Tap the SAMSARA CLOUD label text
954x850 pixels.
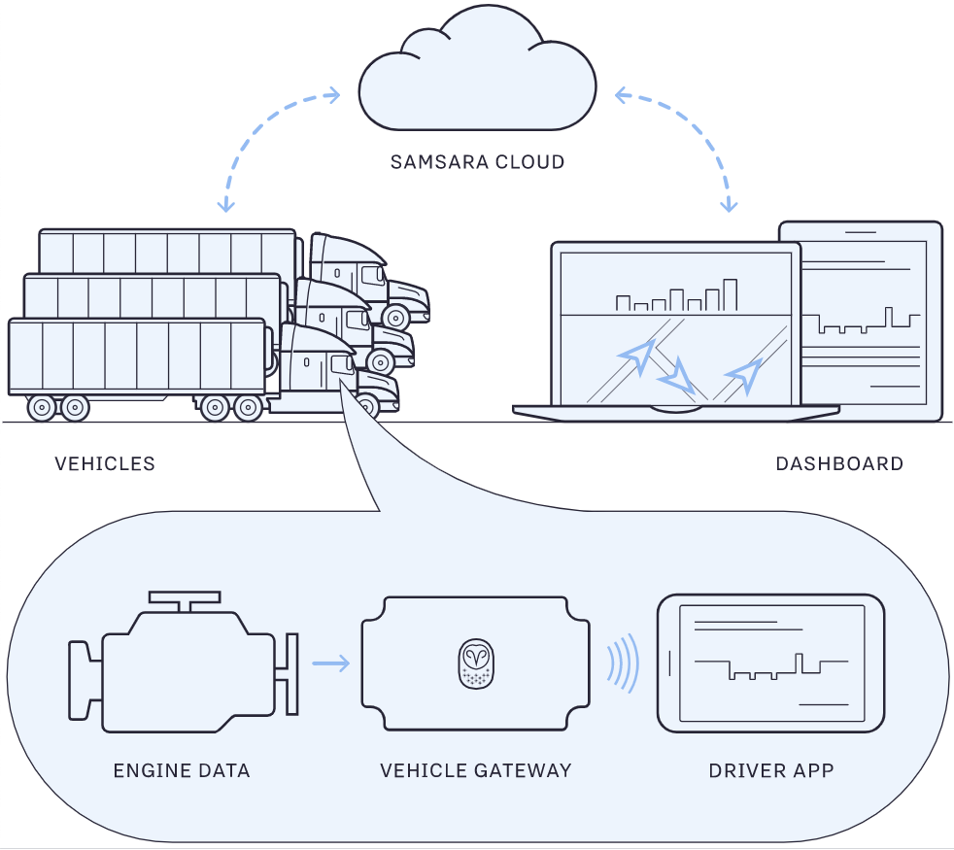[x=477, y=162]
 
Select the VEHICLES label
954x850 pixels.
[x=105, y=464]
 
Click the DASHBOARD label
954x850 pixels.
[x=839, y=464]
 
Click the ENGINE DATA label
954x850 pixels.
[x=182, y=771]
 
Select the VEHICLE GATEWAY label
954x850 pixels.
[x=476, y=771]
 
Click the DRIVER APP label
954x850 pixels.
[x=771, y=771]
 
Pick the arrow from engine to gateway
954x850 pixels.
[x=330, y=664]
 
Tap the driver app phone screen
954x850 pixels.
[x=771, y=663]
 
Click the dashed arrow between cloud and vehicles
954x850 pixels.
[x=257, y=136]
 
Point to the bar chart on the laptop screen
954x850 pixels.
[x=676, y=296]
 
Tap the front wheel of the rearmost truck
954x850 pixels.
[x=395, y=316]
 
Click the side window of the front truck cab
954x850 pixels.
[x=340, y=364]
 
